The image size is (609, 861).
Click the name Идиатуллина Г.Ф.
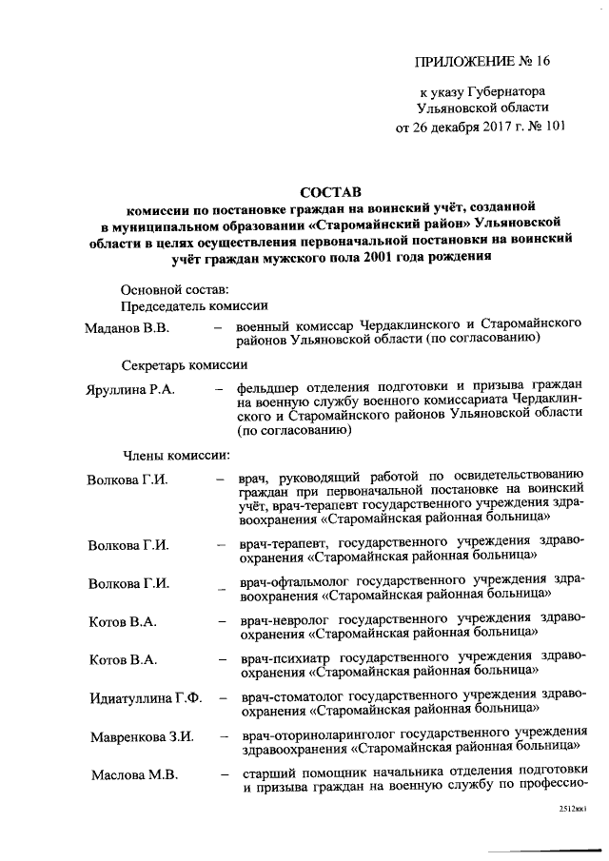pos(146,698)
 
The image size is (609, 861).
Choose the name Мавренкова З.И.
pos(142,736)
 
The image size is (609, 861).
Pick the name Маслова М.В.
pos(134,773)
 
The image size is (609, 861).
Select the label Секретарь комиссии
pos(186,364)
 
